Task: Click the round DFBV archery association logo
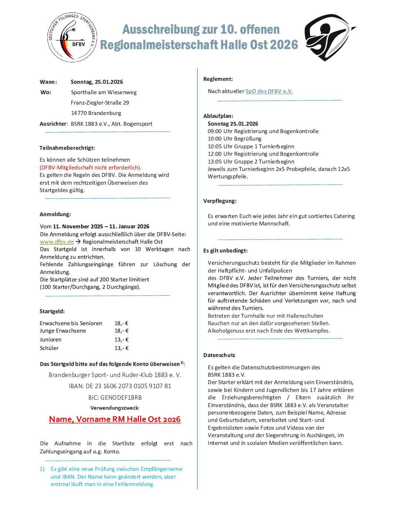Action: click(72, 37)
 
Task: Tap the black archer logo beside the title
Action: click(328, 37)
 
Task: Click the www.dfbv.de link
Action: click(57, 242)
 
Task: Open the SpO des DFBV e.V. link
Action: click(269, 91)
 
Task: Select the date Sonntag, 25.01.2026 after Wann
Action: click(97, 82)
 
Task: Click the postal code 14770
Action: click(78, 113)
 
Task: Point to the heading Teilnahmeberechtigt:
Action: click(67, 148)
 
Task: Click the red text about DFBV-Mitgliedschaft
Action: click(90, 168)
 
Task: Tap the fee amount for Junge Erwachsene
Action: click(121, 331)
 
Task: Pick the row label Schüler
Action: click(49, 348)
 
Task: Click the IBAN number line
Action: click(120, 386)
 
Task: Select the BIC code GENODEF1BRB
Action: click(115, 397)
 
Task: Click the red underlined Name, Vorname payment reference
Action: click(115, 419)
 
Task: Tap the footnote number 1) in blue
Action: click(42, 469)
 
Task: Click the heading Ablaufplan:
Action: click(218, 116)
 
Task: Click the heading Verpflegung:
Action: click(220, 201)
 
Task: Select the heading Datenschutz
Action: click(219, 355)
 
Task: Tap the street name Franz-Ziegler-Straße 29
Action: click(100, 103)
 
